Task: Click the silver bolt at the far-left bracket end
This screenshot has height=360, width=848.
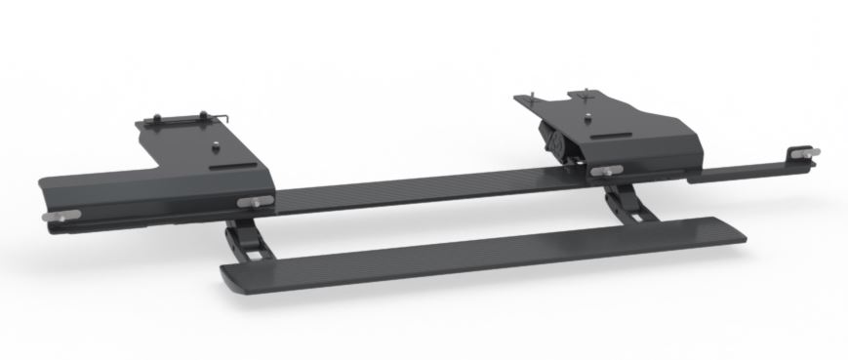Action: coord(52,216)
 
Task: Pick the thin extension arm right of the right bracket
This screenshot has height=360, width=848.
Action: coord(742,172)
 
